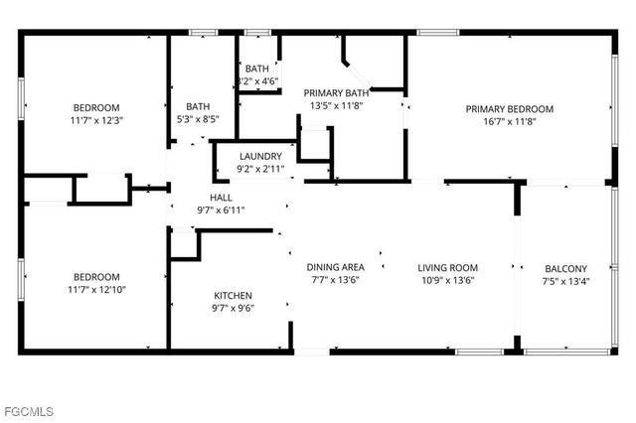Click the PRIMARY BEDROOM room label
tap(511, 108)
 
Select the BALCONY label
tap(566, 268)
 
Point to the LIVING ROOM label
tap(447, 267)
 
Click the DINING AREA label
tap(335, 267)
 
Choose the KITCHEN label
tap(234, 296)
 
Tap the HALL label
tap(221, 198)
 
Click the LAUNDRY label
tap(260, 157)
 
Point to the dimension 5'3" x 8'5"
tap(197, 119)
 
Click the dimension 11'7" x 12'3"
tap(96, 120)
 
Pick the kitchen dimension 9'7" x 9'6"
tap(234, 308)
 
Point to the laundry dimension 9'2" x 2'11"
tap(260, 169)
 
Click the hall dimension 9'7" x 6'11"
tap(221, 210)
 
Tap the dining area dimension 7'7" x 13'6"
tap(335, 280)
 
